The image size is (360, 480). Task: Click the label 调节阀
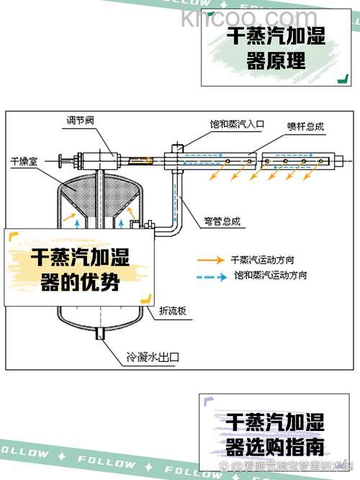click(81, 121)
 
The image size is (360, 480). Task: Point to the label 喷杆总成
click(305, 126)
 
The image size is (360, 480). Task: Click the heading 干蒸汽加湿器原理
click(276, 47)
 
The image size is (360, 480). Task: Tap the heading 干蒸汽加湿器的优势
click(79, 270)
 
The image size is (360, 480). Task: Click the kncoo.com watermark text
click(249, 17)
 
